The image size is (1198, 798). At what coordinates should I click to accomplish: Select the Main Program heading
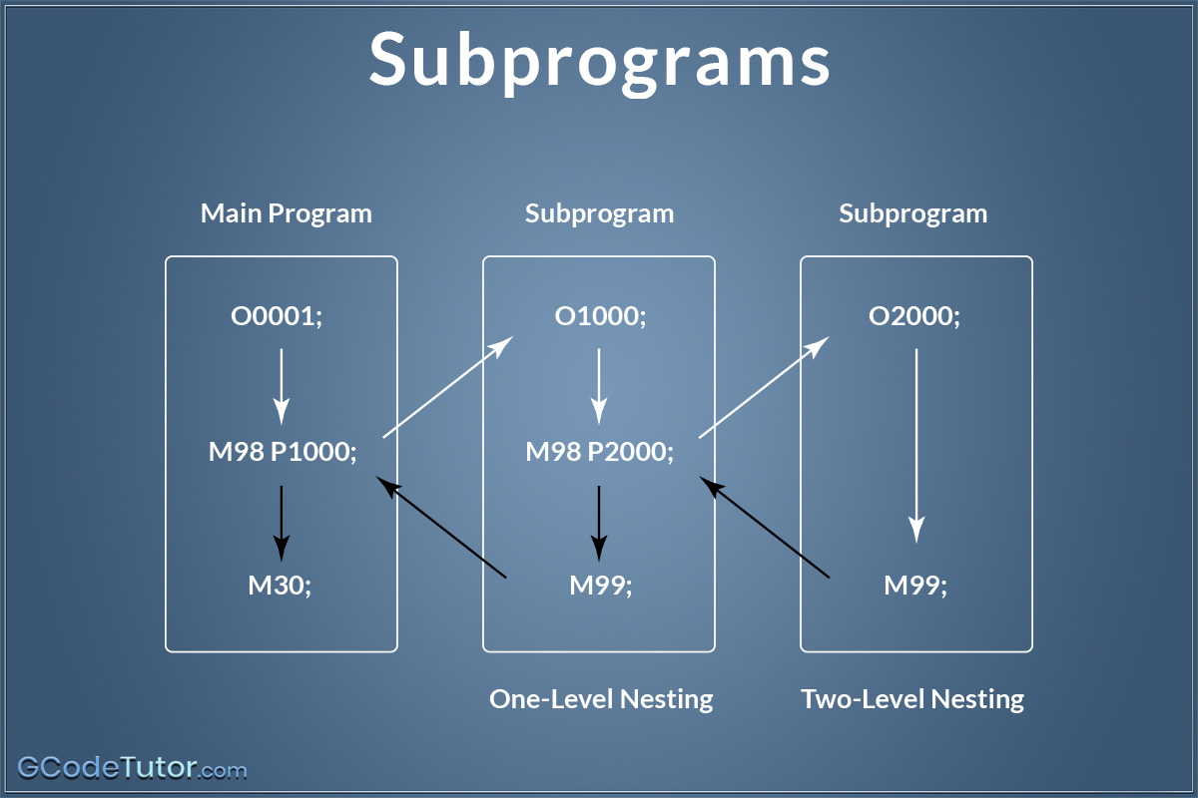[x=286, y=213]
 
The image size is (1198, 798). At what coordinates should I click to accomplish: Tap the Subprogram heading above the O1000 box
[x=599, y=213]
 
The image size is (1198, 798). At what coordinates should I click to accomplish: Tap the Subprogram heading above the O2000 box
[x=912, y=213]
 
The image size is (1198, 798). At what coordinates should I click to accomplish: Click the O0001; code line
[x=281, y=317]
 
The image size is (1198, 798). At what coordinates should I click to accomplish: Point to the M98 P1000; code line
[x=283, y=452]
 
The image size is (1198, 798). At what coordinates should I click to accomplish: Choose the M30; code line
[x=281, y=586]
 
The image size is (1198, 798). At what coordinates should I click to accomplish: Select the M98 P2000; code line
[x=600, y=452]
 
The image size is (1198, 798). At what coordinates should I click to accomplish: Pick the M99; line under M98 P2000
[x=601, y=586]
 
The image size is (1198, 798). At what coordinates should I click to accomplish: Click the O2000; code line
[x=914, y=317]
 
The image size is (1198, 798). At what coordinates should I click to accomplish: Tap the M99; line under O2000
[x=915, y=586]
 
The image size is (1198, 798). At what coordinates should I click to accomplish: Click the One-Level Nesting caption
[x=601, y=699]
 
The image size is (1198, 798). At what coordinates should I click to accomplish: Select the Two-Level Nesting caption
[x=912, y=699]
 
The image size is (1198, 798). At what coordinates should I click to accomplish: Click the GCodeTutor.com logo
[x=132, y=769]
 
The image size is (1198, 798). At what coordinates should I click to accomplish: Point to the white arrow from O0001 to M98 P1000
[x=282, y=385]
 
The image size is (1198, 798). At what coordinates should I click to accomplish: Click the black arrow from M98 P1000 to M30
[x=282, y=521]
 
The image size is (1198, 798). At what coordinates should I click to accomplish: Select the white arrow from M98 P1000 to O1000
[x=447, y=387]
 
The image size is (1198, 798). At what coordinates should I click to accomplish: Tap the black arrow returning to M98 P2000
[x=765, y=528]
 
